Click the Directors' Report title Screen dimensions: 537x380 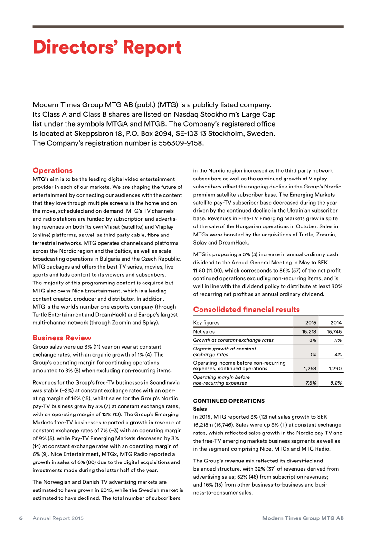(107, 48)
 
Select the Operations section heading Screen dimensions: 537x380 (52, 170)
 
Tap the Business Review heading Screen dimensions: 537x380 (62, 338)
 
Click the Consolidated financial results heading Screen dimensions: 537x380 (246, 310)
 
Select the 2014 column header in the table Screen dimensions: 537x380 (336, 323)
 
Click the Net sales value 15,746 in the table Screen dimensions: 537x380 (334, 332)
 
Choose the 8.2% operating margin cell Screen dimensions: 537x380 (335, 383)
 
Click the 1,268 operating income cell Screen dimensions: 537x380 (309, 368)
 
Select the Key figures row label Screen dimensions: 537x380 (206, 323)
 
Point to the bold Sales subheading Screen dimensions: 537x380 (200, 408)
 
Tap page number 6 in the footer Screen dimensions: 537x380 (21, 518)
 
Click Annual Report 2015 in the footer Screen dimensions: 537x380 (58, 518)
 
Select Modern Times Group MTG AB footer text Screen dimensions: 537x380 (303, 518)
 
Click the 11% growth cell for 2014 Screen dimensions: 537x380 (337, 340)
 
